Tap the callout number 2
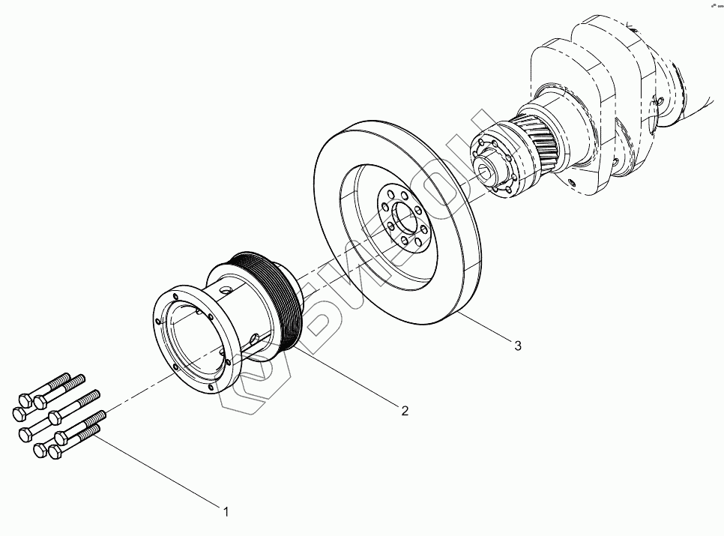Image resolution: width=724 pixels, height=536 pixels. coord(405,410)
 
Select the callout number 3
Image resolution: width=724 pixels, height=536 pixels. coord(517,346)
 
